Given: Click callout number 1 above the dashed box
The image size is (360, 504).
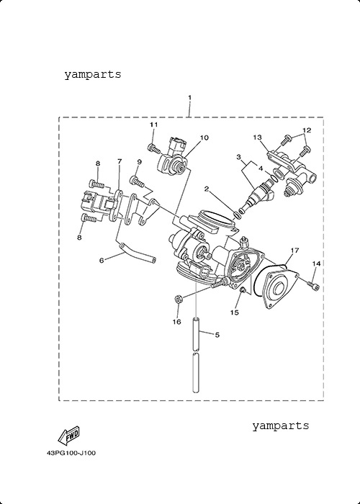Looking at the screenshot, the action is tap(189, 97).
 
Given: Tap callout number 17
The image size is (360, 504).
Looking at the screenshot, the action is tap(294, 250).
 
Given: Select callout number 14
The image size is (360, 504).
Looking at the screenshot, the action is tap(316, 264).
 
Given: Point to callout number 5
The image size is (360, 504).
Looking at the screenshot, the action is tap(217, 335).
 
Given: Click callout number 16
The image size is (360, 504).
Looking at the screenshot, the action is tap(177, 322).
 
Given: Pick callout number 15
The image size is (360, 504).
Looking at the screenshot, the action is tap(235, 312).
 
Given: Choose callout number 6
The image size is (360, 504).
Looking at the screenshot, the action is tap(102, 261).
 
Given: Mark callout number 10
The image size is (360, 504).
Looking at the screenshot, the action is tap(204, 138).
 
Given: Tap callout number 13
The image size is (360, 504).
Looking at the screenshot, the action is tap(258, 138).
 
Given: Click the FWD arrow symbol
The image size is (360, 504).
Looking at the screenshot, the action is tap(68, 435).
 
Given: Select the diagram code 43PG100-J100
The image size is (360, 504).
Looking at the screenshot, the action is tap(71, 453).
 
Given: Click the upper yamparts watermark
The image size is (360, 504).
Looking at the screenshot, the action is tap(93, 75).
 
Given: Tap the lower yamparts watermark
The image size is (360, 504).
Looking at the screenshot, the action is tap(280, 426).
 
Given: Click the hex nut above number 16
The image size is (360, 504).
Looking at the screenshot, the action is tap(179, 299).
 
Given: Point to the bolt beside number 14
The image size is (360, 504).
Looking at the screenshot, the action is tap(314, 285).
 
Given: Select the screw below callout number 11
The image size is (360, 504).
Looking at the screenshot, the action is tap(154, 148).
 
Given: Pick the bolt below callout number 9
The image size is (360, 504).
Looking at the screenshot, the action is tap(137, 181).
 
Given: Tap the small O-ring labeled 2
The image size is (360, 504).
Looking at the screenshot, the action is tap(237, 215).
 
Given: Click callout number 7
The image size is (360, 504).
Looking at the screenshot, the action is tap(120, 161).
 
